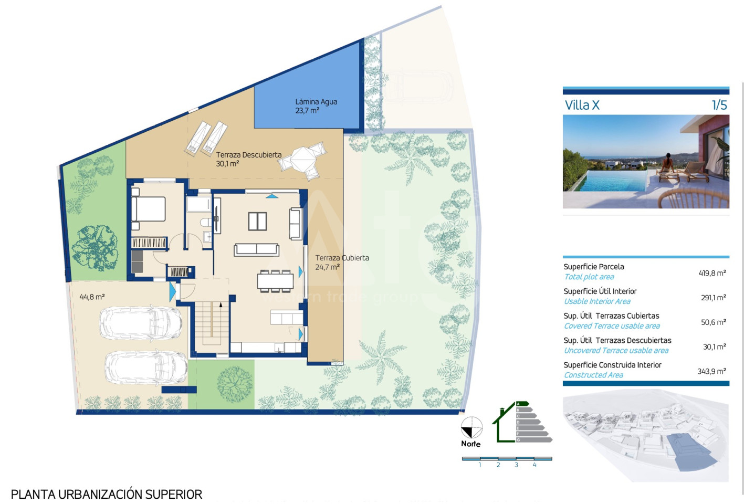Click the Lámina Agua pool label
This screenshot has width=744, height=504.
click(316, 106)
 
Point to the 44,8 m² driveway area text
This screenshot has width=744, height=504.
click(92, 297)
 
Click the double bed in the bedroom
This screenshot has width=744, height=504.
click(149, 209)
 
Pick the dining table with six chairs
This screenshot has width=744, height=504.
click(275, 281)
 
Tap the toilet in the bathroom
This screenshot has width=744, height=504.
click(206, 222)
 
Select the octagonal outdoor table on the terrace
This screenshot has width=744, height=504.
click(302, 160)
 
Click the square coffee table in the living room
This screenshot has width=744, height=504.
click(257, 222)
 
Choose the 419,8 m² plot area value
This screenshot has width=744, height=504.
click(712, 273)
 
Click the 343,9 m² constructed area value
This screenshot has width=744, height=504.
click(711, 371)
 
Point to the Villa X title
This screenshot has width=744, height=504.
click(582, 105)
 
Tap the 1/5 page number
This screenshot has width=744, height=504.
click(719, 105)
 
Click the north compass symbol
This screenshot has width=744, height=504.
click(471, 428)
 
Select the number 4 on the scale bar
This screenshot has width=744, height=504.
click(535, 465)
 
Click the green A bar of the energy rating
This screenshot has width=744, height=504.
click(522, 404)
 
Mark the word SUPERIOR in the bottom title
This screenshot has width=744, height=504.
click(174, 495)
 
